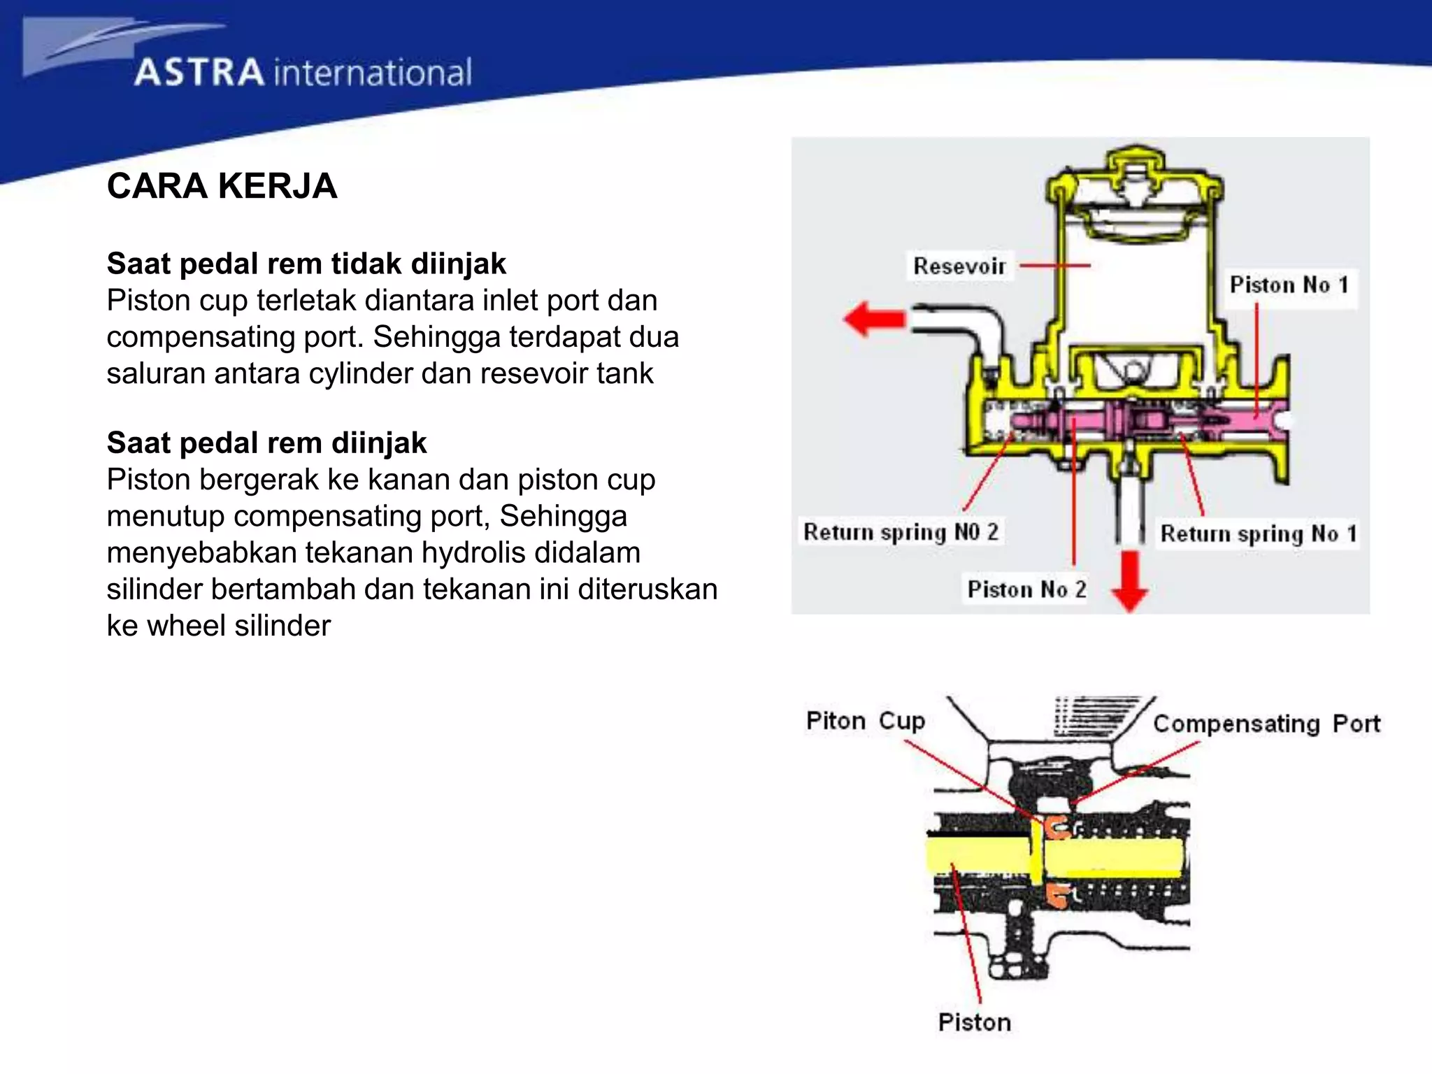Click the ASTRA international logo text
pyautogui.click(x=303, y=73)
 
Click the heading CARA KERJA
pyautogui.click(x=222, y=186)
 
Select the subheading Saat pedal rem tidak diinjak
pyautogui.click(x=306, y=264)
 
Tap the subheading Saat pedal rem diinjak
pyautogui.click(x=266, y=443)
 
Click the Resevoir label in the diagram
pyautogui.click(x=959, y=266)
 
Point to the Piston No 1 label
pyautogui.click(x=1289, y=285)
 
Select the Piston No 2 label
pyautogui.click(x=1026, y=589)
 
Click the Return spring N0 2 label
pyautogui.click(x=900, y=532)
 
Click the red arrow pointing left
pyautogui.click(x=874, y=319)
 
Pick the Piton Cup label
pyautogui.click(x=865, y=721)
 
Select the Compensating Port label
pyautogui.click(x=1266, y=724)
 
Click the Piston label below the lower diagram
pyautogui.click(x=974, y=1022)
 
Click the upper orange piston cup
pyautogui.click(x=1057, y=827)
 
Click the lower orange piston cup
pyautogui.click(x=1057, y=895)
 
